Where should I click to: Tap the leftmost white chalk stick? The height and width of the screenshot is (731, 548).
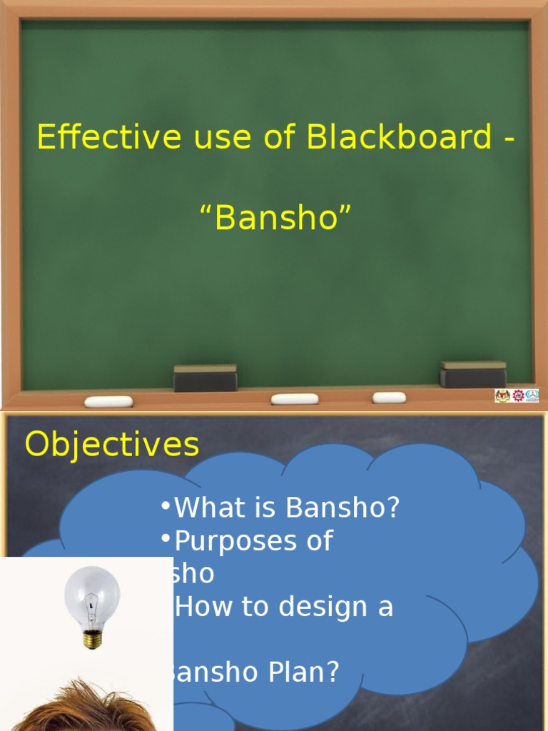pyautogui.click(x=108, y=401)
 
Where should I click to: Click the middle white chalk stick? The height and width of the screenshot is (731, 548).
pyautogui.click(x=295, y=399)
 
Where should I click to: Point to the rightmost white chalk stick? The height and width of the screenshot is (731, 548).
pyautogui.click(x=389, y=398)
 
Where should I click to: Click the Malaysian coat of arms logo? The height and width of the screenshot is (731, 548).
pyautogui.click(x=502, y=395)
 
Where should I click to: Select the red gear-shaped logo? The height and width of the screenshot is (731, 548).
pyautogui.click(x=518, y=395)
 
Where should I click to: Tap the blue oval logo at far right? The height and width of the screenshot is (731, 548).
pyautogui.click(x=532, y=395)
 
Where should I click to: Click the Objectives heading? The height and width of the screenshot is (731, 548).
pyautogui.click(x=112, y=445)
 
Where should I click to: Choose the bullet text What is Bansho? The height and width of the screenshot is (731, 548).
pyautogui.click(x=287, y=508)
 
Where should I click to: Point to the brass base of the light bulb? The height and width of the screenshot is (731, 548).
pyautogui.click(x=92, y=638)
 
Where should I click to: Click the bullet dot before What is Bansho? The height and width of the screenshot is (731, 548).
pyautogui.click(x=166, y=507)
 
